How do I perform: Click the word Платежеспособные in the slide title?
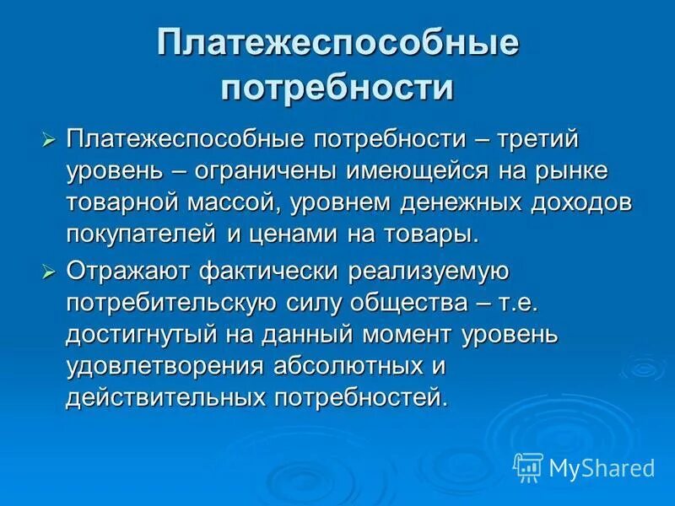337,45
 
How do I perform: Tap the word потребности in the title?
337,88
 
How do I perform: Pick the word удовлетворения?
164,366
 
